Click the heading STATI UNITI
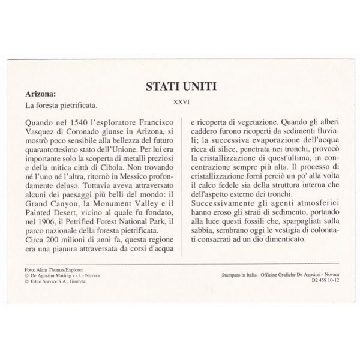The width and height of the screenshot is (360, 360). (180, 87)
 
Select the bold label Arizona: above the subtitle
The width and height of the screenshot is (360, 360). (41, 94)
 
